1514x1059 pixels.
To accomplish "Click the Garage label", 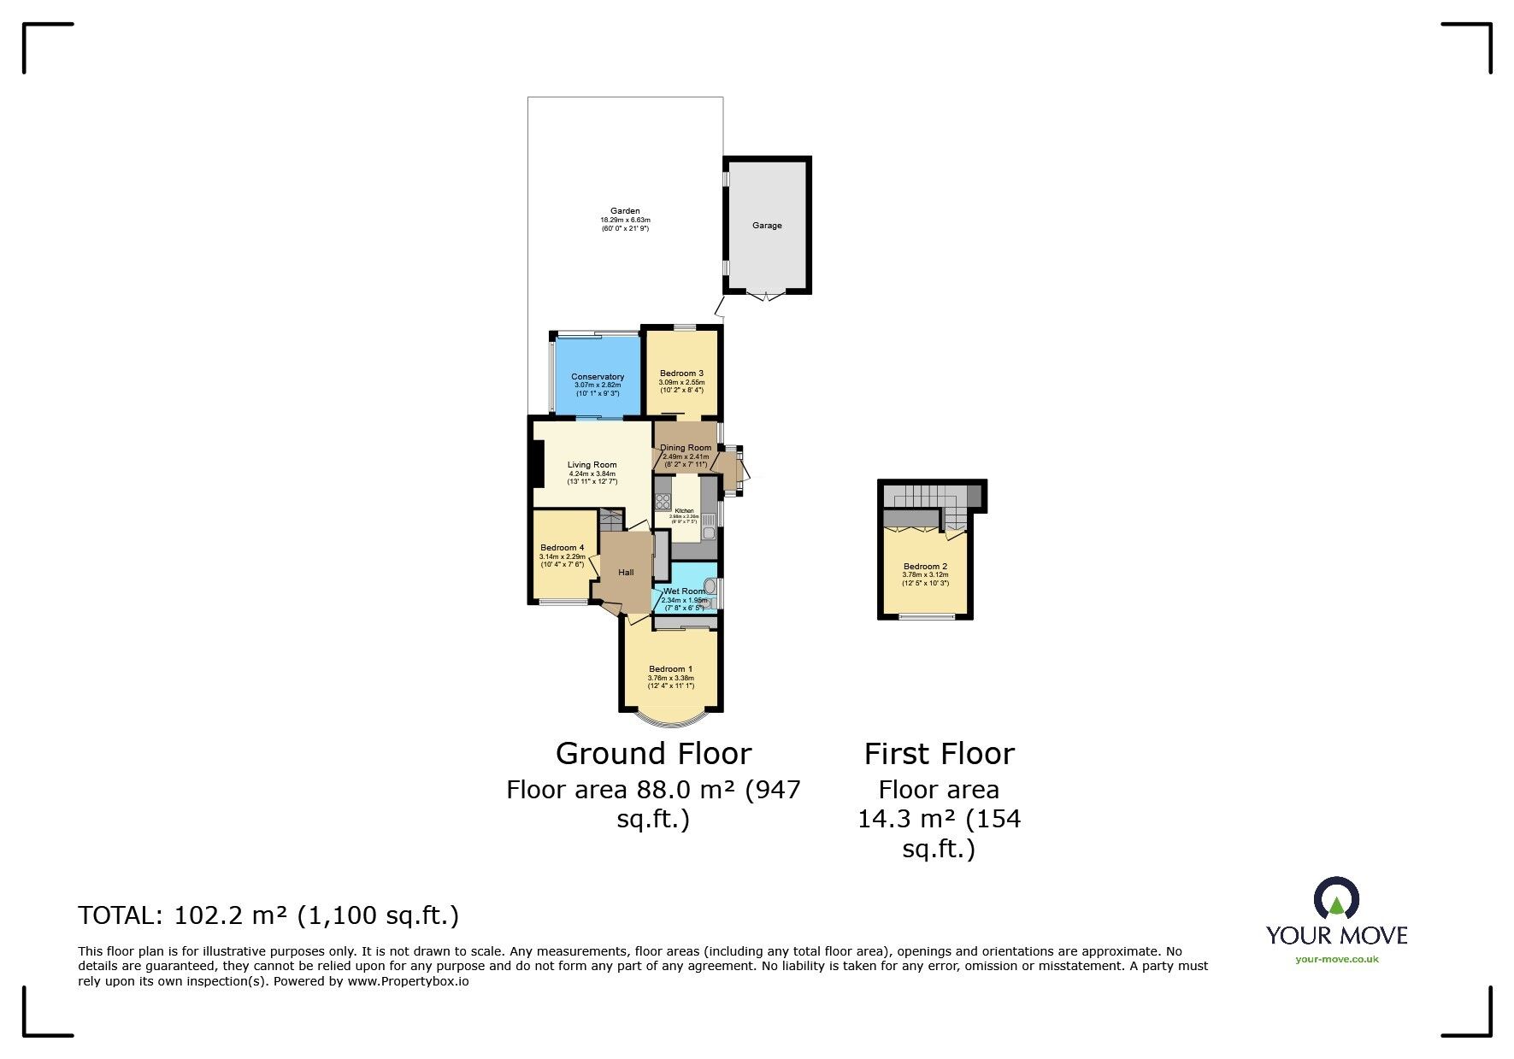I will coord(767,226).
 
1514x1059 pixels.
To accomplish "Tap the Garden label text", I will coord(625,211).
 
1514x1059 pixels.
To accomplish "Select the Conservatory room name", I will coord(598,377).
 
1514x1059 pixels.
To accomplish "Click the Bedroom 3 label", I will coord(681,374).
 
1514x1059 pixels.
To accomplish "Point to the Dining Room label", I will coord(686,448).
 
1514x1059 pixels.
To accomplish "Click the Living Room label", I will coord(592,465).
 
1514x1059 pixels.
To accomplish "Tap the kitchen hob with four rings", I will coord(663,502).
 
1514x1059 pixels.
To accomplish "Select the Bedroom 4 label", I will coord(562,548).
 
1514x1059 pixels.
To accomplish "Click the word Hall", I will coord(626,573).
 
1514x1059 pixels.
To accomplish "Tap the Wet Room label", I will coord(685,591).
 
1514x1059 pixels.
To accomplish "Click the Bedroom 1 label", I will coord(670,669).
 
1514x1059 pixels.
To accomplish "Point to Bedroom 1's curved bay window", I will coord(671,720).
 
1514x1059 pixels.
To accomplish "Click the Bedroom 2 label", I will coord(925,567).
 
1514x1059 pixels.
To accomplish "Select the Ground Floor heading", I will coord(653,754).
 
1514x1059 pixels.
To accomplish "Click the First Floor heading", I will coord(939,754).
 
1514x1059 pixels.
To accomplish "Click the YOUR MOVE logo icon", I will coord(1336,899).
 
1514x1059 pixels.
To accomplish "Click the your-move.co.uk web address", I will coord(1336,959).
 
